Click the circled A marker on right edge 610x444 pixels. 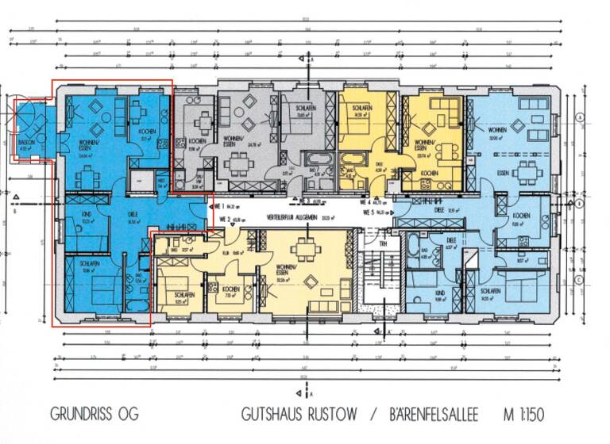pos(581,117)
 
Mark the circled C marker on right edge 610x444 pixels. pos(581,279)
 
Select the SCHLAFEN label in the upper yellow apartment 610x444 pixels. pos(361,108)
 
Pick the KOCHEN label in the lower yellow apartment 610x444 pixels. pos(230,289)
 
